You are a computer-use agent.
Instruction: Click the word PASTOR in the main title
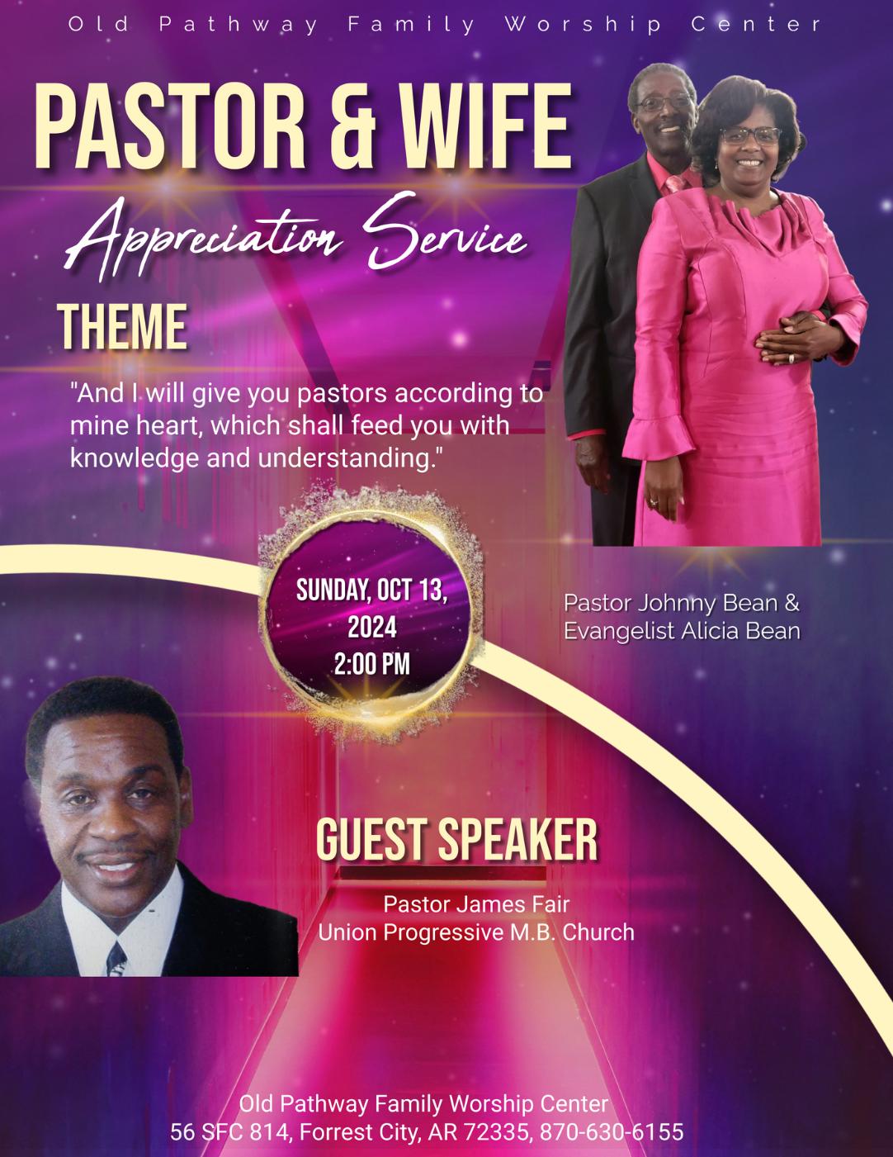pos(170,127)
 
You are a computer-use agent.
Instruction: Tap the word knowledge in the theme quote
pos(135,458)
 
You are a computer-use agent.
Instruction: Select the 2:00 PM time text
pos(372,664)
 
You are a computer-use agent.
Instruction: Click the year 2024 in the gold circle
pos(372,627)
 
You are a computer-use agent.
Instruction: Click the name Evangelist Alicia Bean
pos(682,631)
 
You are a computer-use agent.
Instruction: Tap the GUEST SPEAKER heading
pos(457,840)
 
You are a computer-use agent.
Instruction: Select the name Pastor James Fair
pos(476,904)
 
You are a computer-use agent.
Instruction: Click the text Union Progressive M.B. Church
pos(476,932)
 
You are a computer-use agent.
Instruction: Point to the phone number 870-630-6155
pos(612,1131)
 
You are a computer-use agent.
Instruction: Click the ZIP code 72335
pos(498,1131)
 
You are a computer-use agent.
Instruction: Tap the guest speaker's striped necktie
pos(116,960)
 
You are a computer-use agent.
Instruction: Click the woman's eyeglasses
pos(751,136)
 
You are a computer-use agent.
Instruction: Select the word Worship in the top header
pos(584,24)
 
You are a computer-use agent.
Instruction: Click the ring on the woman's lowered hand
pos(654,501)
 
